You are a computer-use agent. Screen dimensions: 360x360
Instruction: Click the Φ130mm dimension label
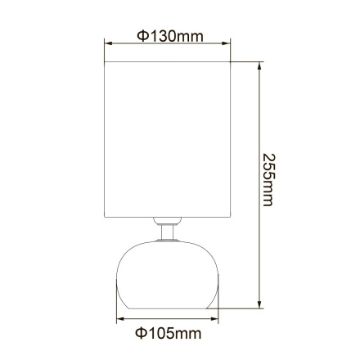click(x=169, y=36)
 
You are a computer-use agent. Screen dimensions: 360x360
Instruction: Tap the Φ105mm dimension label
click(x=167, y=334)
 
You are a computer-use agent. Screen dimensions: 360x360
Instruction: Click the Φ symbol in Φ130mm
click(x=142, y=36)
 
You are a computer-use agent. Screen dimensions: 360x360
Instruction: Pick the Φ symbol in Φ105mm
click(x=139, y=334)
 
